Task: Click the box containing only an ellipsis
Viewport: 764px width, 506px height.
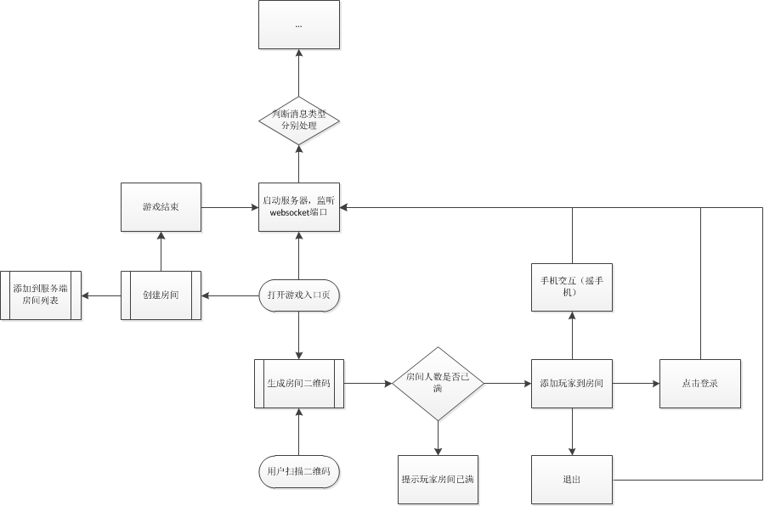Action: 298,25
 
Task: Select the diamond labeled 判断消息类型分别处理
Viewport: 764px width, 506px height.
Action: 298,119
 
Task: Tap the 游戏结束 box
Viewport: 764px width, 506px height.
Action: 161,206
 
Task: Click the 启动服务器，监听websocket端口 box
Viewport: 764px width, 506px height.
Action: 298,206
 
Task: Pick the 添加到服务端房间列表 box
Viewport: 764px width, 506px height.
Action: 41,295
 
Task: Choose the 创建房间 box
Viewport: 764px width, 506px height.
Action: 161,295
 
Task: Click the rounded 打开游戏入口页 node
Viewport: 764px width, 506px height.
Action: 298,295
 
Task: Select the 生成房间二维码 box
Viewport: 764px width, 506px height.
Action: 298,384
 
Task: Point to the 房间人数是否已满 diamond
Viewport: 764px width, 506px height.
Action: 438,384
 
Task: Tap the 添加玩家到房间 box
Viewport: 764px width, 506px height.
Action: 572,384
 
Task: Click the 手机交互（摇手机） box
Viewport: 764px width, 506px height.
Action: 572,286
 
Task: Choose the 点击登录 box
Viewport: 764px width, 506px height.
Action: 700,384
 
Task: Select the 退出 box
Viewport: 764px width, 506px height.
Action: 572,480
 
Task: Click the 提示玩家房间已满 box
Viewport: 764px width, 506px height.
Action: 438,480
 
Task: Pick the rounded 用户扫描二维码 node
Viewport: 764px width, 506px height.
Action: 298,470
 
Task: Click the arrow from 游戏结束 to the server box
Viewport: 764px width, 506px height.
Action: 229,206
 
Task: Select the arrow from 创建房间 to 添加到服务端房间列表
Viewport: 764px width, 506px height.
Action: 101,295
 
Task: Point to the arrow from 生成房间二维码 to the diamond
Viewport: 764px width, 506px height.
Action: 367,384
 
